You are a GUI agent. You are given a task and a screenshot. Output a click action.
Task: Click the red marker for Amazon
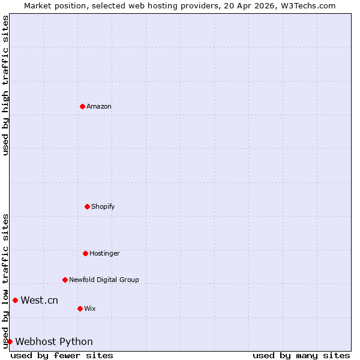coord(82,106)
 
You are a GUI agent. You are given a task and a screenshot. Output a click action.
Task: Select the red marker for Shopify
coord(87,206)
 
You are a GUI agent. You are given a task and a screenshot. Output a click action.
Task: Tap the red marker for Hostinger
coord(85,253)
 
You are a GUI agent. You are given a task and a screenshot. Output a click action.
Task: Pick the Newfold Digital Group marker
coord(65,280)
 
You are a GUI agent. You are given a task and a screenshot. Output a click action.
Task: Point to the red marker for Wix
coord(80,308)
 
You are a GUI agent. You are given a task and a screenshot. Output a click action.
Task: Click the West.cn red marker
coord(15,300)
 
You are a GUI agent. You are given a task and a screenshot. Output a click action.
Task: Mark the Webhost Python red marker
coord(10,341)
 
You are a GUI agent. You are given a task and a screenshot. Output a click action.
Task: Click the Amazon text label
coord(99,106)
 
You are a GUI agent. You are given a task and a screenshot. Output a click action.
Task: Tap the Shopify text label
coord(103,206)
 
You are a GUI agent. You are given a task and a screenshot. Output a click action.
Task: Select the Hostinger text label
coord(105,253)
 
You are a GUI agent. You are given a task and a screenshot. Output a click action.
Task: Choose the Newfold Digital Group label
coord(104,280)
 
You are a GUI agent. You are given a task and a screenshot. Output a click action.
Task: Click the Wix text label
coord(90,308)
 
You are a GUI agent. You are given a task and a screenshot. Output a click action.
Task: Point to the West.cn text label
coord(40,300)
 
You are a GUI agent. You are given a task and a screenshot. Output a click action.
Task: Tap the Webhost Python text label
coord(54,341)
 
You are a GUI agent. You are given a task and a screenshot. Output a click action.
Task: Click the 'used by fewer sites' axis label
coord(62,355)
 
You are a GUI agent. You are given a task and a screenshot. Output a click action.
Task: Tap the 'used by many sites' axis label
coord(301,355)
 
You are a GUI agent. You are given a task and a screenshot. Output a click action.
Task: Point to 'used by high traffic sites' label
coord(5,85)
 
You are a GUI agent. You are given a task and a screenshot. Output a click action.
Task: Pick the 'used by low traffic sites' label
coord(5,281)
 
